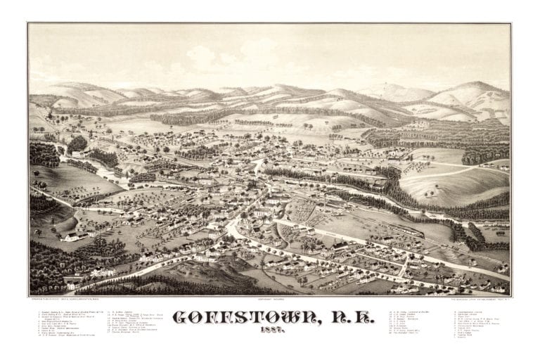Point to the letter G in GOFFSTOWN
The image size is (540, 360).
click(180, 319)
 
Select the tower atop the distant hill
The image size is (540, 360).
click(385, 87)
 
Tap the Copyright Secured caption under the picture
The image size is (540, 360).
click(269, 298)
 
